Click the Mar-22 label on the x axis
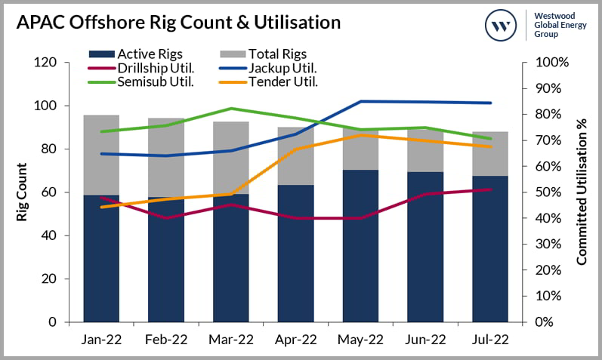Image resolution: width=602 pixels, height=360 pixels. [x=231, y=340]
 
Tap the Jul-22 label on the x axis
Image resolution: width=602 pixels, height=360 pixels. [x=490, y=340]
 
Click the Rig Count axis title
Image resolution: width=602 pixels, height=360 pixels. [x=23, y=192]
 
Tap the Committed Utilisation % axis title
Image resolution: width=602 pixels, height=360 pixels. [x=582, y=192]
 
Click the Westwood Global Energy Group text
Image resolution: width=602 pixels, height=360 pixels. [x=560, y=26]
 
